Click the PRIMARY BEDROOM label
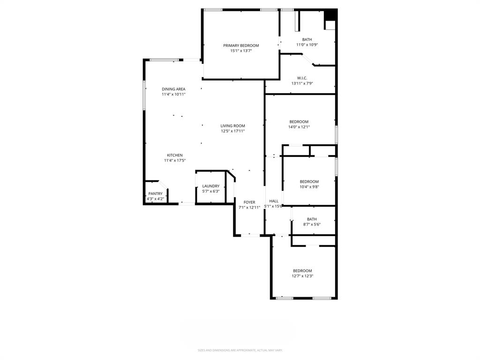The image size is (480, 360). [241, 45]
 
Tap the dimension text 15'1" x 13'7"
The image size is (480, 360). [241, 51]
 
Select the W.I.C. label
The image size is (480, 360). [302, 78]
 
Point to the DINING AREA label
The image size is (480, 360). [173, 89]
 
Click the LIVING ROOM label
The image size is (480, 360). [233, 126]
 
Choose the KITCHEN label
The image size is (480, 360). [175, 155]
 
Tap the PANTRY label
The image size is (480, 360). [155, 194]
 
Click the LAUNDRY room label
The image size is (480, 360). [211, 186]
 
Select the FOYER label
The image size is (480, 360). [249, 202]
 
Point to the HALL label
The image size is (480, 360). [274, 201]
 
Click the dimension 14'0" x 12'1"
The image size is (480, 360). [299, 127]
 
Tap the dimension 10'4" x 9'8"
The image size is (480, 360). [309, 187]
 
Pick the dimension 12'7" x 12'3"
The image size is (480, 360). [302, 276]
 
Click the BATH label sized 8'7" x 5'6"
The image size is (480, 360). [312, 219]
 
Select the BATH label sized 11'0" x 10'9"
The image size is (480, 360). [307, 39]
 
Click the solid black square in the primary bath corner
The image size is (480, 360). [331, 15]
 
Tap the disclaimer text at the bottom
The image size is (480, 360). [240, 350]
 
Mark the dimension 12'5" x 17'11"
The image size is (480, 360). [233, 131]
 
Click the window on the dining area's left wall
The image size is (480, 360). [144, 95]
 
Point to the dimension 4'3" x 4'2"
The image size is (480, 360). [155, 199]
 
